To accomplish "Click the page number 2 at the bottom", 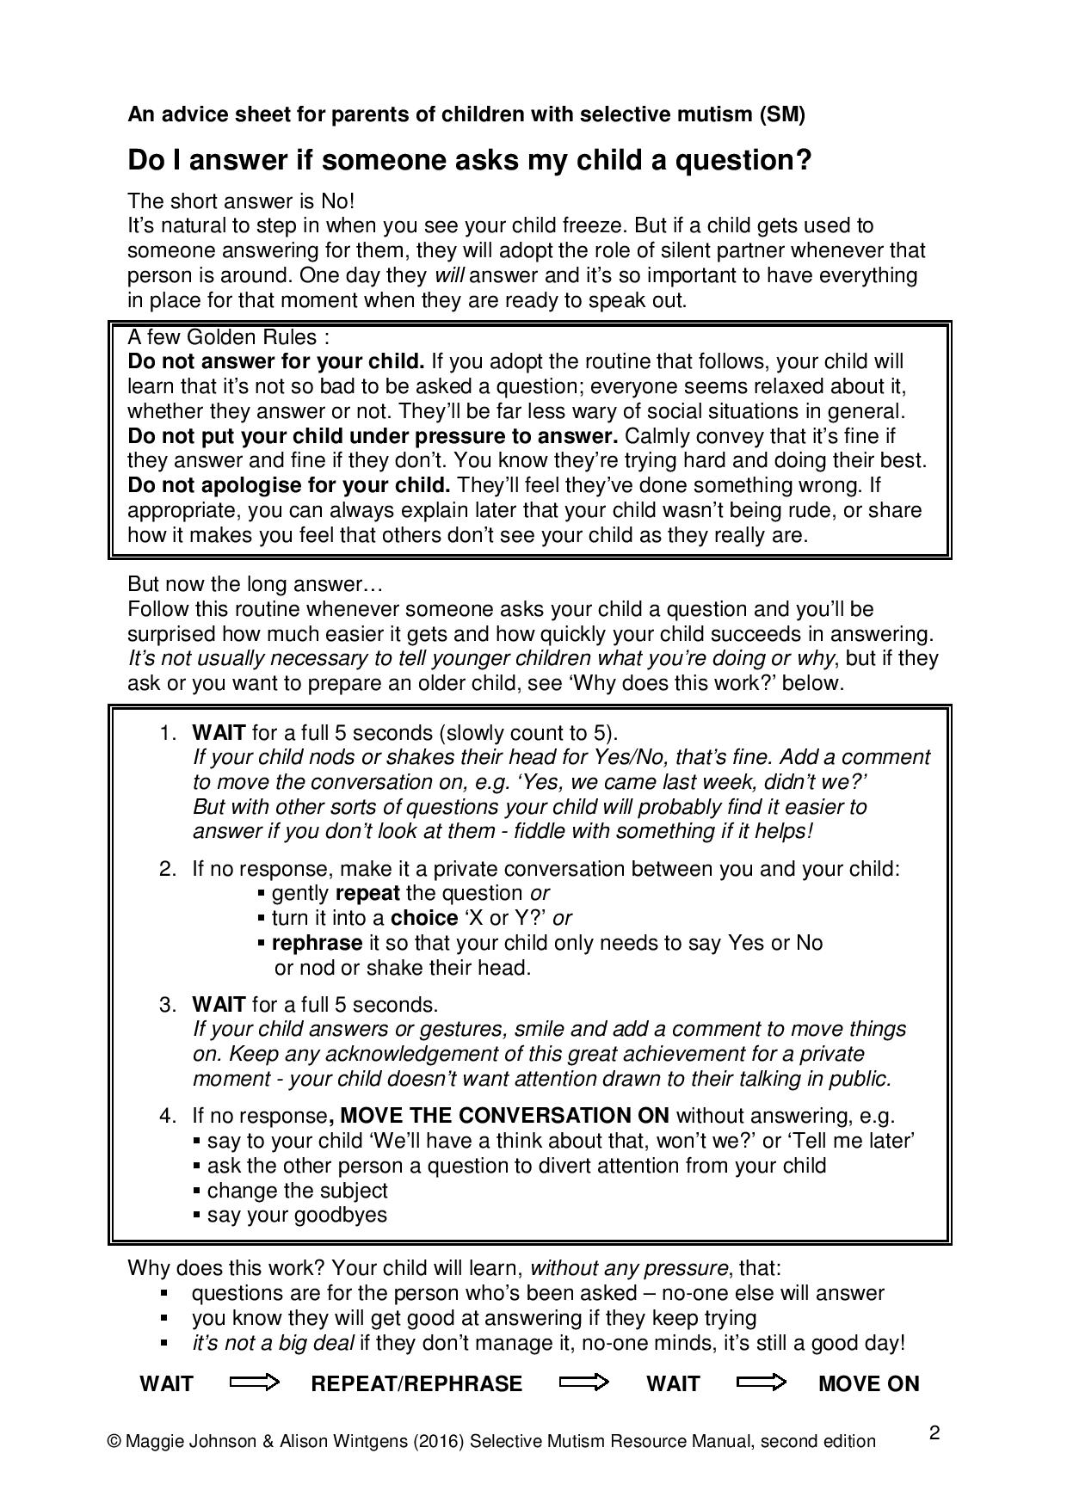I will click(x=934, y=1433).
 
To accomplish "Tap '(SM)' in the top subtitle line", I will click(x=782, y=114).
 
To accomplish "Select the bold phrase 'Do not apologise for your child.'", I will click(x=289, y=485).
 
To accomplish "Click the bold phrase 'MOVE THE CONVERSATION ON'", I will click(x=504, y=1116).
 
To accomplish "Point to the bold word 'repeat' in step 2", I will click(x=367, y=893).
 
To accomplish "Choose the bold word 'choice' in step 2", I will click(x=424, y=918).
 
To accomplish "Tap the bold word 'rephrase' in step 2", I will click(x=317, y=943).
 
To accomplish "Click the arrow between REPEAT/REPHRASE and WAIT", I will click(x=584, y=1383).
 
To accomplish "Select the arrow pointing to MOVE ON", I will click(x=762, y=1383).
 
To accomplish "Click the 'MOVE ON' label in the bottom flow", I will click(x=868, y=1383).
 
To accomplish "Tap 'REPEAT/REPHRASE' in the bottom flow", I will click(x=416, y=1383).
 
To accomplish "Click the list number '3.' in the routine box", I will click(x=168, y=1005).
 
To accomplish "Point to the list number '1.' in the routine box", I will click(x=168, y=733).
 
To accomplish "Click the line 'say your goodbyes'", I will click(x=297, y=1215).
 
